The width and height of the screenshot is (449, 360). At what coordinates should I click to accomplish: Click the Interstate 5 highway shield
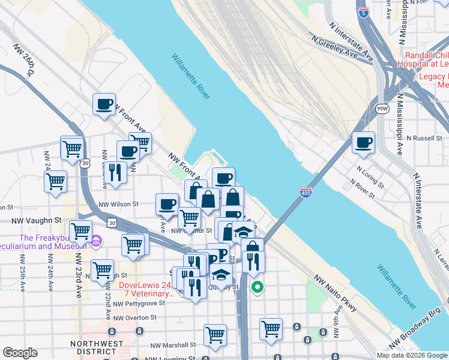coord(364,11)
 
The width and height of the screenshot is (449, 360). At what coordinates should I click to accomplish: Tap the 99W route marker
coord(382,108)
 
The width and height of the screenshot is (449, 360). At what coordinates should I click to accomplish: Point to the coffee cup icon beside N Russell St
coord(363,143)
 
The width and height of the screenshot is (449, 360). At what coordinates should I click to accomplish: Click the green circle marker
coord(258,287)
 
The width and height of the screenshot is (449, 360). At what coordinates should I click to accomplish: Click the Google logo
coord(20,353)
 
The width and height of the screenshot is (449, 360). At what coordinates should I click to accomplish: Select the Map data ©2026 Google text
coord(412,355)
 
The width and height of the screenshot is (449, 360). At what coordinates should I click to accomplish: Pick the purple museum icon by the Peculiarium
coord(95,242)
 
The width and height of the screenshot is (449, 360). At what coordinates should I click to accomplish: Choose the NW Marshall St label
coord(173,345)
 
